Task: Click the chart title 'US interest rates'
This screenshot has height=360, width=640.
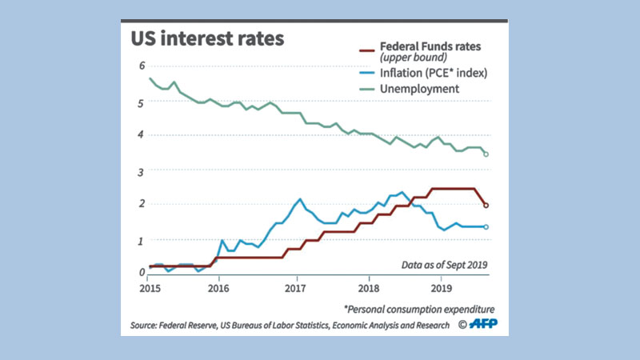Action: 207,39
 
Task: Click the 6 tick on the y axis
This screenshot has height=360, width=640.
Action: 141,66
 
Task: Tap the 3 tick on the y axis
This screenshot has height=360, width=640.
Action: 141,171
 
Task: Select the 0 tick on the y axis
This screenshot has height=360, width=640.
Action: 141,273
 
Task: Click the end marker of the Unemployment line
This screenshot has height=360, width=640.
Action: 486,154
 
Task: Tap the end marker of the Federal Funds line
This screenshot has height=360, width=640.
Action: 486,206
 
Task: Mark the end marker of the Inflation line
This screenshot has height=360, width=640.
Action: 486,227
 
